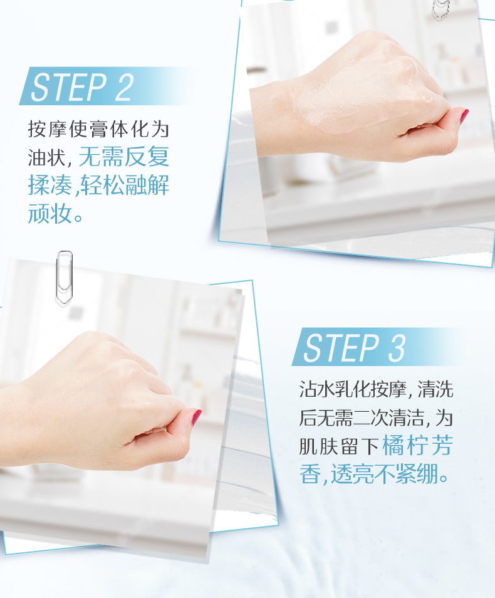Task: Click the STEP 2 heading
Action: click(x=82, y=87)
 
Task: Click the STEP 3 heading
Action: click(x=354, y=348)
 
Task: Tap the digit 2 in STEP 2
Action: click(x=125, y=87)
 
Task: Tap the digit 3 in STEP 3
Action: click(x=397, y=348)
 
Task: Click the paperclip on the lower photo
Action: click(x=64, y=278)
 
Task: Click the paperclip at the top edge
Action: click(x=441, y=8)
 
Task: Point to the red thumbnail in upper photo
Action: click(x=464, y=116)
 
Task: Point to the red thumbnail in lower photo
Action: click(x=196, y=417)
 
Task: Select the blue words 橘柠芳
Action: click(x=417, y=446)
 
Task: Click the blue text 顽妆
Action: click(x=50, y=213)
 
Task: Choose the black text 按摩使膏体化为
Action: click(x=98, y=129)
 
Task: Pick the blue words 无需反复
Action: click(x=124, y=157)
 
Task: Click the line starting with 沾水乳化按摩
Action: click(x=376, y=389)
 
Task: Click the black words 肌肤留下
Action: click(x=338, y=446)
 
